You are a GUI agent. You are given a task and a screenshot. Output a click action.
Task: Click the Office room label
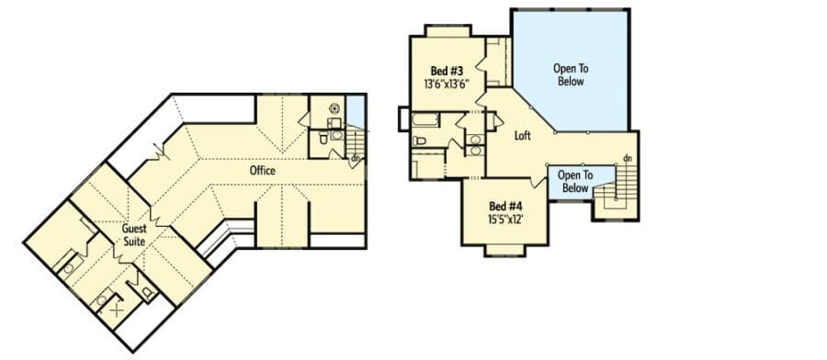tap(263, 171)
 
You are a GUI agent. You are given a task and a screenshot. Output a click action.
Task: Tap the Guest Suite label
tap(134, 235)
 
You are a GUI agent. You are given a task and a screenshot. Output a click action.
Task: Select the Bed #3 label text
tap(447, 71)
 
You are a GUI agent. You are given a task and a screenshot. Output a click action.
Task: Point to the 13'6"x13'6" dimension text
tap(447, 84)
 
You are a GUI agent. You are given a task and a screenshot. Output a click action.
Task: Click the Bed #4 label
tap(505, 206)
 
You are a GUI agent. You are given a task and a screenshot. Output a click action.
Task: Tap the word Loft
tap(522, 136)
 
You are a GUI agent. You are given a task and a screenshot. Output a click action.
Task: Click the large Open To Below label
tap(571, 74)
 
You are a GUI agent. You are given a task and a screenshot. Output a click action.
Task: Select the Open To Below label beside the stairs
tap(575, 182)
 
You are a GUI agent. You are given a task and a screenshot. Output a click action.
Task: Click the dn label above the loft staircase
tap(628, 158)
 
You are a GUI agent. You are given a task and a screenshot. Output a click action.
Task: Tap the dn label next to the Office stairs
tap(356, 157)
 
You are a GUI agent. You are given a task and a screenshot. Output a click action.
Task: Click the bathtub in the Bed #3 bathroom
tap(425, 120)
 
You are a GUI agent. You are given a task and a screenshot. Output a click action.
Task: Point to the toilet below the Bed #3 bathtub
tap(420, 141)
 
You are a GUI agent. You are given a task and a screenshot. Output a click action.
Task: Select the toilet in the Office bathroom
tap(323, 139)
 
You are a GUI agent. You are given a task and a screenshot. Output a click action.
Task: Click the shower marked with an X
tap(116, 310)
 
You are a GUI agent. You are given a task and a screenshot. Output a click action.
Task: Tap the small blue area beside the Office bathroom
tap(356, 111)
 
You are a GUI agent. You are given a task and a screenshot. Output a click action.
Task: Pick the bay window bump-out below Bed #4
tap(504, 251)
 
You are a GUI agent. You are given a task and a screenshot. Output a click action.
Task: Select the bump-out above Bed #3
tap(447, 30)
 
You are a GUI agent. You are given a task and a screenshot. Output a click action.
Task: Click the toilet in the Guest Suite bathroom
tap(148, 291)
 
